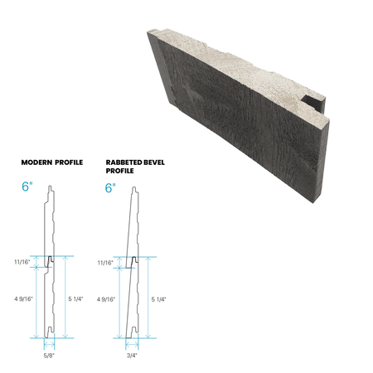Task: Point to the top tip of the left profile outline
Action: (51, 184)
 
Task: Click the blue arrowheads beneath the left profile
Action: (51, 339)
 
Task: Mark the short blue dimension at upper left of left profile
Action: (34, 262)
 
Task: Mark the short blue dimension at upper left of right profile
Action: (118, 262)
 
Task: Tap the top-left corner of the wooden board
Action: (147, 31)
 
